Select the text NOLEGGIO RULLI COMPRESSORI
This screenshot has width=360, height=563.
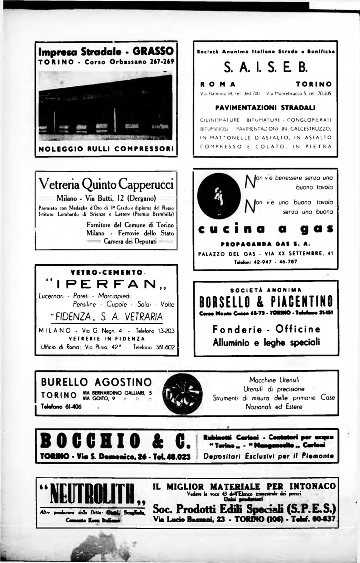click(x=106, y=150)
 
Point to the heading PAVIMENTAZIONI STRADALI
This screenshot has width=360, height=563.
click(x=265, y=108)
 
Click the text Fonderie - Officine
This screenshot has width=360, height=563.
click(x=266, y=330)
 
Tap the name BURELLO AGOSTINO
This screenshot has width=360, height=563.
click(x=96, y=382)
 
